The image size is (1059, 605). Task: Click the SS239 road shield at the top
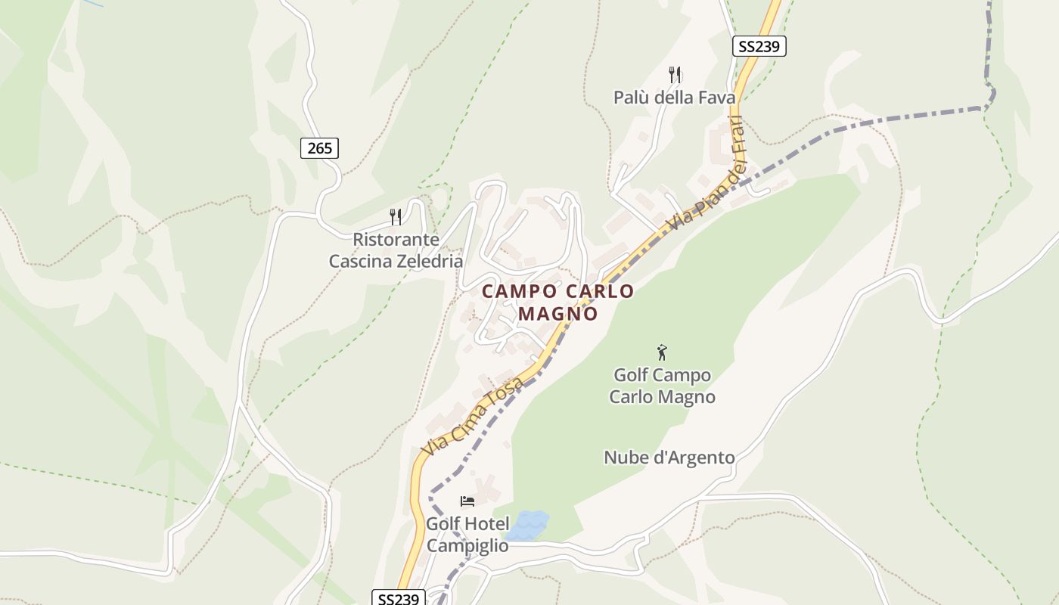(x=759, y=46)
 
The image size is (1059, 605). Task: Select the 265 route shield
(x=319, y=148)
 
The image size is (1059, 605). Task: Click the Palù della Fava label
(x=674, y=97)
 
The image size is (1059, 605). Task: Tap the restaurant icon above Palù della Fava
(x=675, y=74)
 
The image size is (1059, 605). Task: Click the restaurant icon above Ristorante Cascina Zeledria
(x=396, y=217)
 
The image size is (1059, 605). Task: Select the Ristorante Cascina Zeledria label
(x=396, y=250)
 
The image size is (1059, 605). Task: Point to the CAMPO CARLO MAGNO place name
(x=558, y=302)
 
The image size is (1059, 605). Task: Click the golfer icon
(x=663, y=352)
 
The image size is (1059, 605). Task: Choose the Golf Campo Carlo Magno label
(x=663, y=386)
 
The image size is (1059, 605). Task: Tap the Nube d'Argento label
(x=669, y=458)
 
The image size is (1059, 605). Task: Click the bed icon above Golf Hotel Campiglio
(x=467, y=501)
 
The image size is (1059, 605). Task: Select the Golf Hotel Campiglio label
(x=467, y=535)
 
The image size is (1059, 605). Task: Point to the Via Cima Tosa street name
(x=473, y=417)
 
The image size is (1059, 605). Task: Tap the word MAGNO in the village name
(x=558, y=313)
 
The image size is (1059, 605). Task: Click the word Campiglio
(x=467, y=546)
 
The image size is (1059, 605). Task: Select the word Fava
(x=716, y=97)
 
